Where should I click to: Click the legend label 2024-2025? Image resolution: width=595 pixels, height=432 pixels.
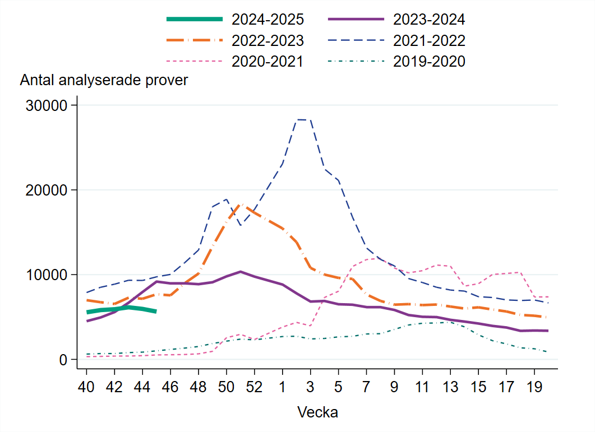267,20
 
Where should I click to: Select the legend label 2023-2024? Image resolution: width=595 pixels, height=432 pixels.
429,20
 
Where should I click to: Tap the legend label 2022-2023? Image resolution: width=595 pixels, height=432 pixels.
267,40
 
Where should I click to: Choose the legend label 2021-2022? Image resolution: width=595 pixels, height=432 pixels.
429,40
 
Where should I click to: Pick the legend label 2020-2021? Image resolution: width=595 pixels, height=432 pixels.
267,61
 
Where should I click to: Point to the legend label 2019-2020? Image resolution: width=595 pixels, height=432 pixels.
429,61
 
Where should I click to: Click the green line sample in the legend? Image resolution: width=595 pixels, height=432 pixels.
195,20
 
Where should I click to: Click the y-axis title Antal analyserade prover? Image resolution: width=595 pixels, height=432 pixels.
104,80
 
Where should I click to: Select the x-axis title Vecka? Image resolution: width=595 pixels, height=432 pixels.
317,413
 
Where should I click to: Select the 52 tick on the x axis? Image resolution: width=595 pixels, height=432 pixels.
254,388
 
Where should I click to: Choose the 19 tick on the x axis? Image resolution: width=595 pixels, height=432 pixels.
534,388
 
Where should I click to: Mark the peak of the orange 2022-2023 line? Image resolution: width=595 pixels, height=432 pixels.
241,205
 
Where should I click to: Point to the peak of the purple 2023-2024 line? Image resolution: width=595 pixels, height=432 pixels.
241,272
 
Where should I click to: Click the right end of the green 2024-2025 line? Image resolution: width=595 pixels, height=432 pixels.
156,311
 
